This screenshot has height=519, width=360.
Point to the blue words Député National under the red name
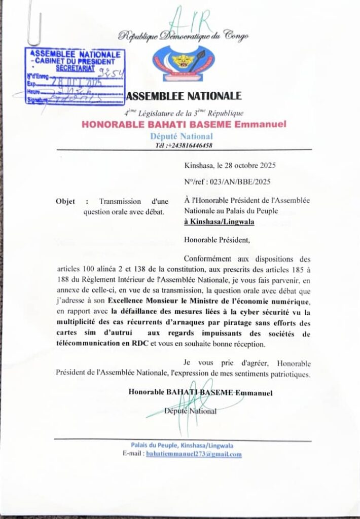pyautogui.click(x=182, y=136)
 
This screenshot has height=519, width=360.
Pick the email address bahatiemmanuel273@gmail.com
pyautogui.click(x=193, y=454)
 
